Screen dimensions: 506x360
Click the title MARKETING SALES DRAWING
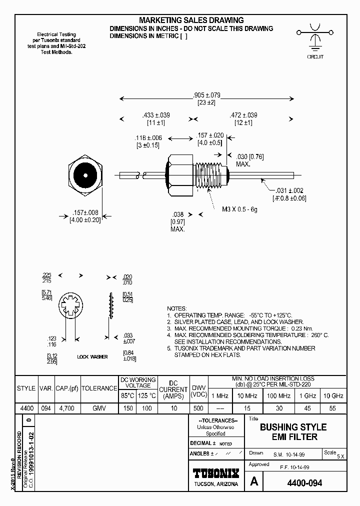[191, 20]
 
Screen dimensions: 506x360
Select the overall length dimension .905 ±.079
[206, 95]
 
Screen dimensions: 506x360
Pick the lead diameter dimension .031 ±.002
[289, 190]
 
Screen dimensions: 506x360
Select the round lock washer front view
[69, 306]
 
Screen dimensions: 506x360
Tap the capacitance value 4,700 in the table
[66, 408]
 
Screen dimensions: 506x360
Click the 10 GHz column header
[333, 395]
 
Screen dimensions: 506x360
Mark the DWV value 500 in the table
[198, 408]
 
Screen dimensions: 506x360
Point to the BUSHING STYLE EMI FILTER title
[293, 432]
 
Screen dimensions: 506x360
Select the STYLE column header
[26, 388]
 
